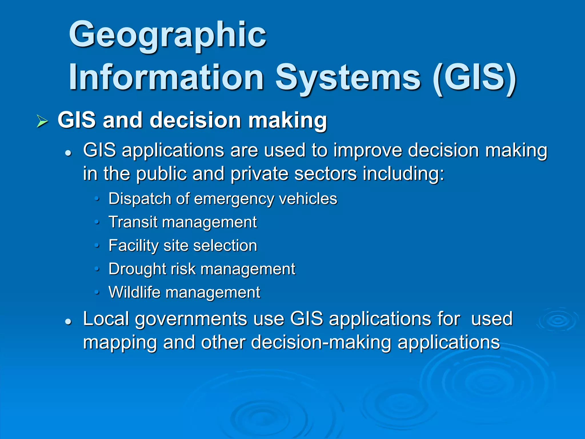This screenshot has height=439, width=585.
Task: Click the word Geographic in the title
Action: click(x=168, y=35)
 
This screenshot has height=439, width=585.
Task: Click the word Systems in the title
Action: click(x=348, y=78)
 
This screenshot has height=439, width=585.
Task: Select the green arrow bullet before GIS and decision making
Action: click(x=42, y=121)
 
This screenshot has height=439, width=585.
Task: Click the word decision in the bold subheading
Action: click(x=195, y=120)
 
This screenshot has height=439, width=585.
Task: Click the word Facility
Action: click(x=133, y=246)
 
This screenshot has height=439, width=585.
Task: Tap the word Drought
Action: click(x=137, y=269)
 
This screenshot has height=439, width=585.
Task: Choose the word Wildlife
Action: click(x=134, y=292)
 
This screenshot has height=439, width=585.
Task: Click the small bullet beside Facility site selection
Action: click(x=97, y=245)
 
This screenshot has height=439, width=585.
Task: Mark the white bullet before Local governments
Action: click(x=68, y=322)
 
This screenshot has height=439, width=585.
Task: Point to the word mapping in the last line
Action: click(x=120, y=343)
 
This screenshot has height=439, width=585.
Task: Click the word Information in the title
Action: click(x=166, y=78)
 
